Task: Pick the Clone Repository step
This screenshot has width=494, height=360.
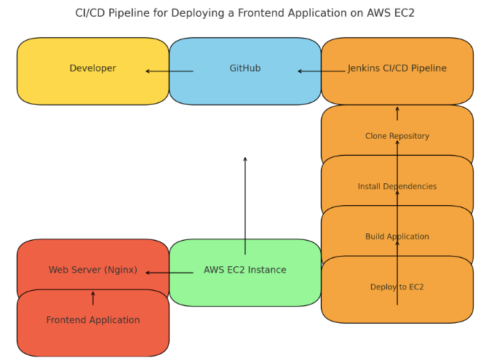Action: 397,136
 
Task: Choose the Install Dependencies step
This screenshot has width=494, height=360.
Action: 397,187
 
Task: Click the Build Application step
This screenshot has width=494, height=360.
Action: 397,237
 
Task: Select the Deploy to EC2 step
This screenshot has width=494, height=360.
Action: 397,287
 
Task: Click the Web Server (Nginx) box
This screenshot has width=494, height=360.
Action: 93,271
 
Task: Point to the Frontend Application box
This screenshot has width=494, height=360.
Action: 93,321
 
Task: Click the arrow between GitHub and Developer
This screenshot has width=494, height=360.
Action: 170,71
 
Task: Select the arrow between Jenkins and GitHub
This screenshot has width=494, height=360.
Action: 322,71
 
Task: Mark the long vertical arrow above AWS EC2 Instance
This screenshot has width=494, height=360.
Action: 245,204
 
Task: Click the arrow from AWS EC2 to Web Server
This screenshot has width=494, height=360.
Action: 170,273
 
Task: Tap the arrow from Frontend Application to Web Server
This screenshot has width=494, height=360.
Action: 93,298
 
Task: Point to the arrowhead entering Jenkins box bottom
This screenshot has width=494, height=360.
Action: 397,109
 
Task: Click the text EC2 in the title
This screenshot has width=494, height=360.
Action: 402,13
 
